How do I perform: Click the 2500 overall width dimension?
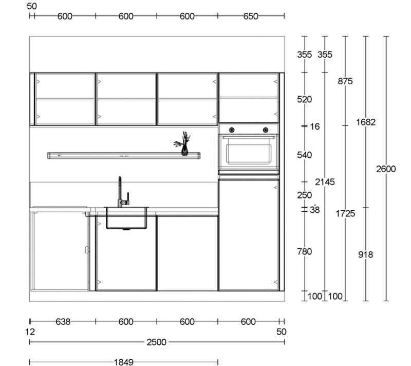pyautogui.click(x=157, y=342)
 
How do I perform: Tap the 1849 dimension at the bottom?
pyautogui.click(x=124, y=362)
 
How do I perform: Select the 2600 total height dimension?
pyautogui.click(x=386, y=169)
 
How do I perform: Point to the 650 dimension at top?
pyautogui.click(x=251, y=16)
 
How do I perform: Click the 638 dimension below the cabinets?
pyautogui.click(x=63, y=322)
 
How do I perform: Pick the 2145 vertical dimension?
pyautogui.click(x=325, y=182)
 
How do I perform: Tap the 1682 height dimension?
pyautogui.click(x=366, y=122)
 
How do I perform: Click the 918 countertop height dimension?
pyautogui.click(x=366, y=254)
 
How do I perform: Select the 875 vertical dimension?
pyautogui.click(x=345, y=81)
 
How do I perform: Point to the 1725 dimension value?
pyautogui.click(x=345, y=214)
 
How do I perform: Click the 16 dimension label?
pyautogui.click(x=315, y=127)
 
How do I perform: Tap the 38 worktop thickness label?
pyautogui.click(x=315, y=210)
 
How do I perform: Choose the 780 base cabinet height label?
pyautogui.click(x=304, y=252)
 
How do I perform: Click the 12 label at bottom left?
pyautogui.click(x=30, y=332)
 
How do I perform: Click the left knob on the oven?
pyautogui.click(x=232, y=130)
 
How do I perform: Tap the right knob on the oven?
pyautogui.click(x=266, y=130)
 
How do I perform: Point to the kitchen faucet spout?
pyautogui.click(x=120, y=192)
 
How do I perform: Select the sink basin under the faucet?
pyautogui.click(x=126, y=218)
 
